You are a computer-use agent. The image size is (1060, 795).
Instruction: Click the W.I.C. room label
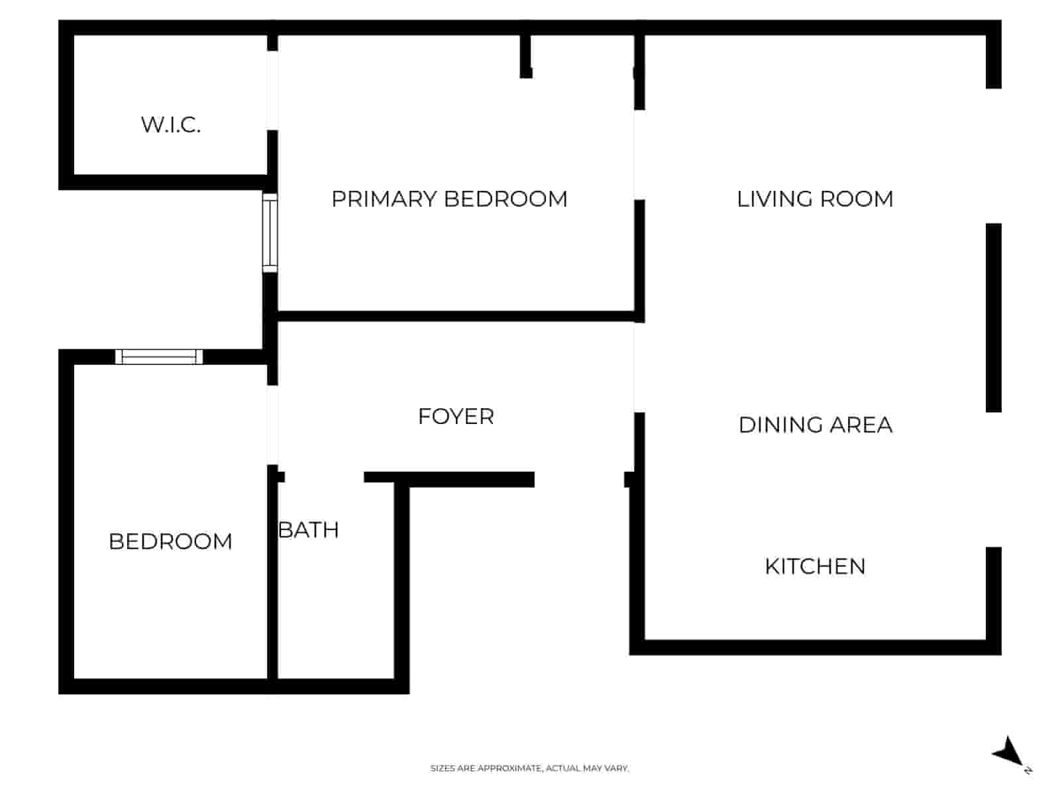click(x=171, y=125)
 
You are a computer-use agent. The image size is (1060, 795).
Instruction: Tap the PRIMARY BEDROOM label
click(x=449, y=199)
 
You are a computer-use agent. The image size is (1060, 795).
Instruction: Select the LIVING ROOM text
click(x=815, y=199)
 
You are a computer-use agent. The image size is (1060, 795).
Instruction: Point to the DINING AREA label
click(x=815, y=425)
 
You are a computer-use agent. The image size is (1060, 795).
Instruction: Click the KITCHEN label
click(x=815, y=566)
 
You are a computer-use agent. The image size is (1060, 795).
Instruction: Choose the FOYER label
click(x=456, y=417)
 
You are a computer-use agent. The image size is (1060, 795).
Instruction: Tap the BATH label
click(x=309, y=530)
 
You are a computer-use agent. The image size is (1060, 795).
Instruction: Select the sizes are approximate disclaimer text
click(x=529, y=768)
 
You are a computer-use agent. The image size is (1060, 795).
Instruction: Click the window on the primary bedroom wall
click(x=270, y=233)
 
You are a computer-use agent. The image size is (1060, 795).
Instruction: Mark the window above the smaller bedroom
click(x=159, y=357)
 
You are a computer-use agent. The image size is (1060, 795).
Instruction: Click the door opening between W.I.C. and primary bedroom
click(x=272, y=90)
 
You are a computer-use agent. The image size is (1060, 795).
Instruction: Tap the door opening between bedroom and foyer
click(x=272, y=425)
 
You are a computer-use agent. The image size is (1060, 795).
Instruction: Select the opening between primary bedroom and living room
click(x=639, y=154)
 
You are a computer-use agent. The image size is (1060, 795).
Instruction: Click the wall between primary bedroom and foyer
click(x=456, y=316)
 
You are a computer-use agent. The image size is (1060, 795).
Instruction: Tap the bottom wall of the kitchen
click(x=815, y=647)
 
